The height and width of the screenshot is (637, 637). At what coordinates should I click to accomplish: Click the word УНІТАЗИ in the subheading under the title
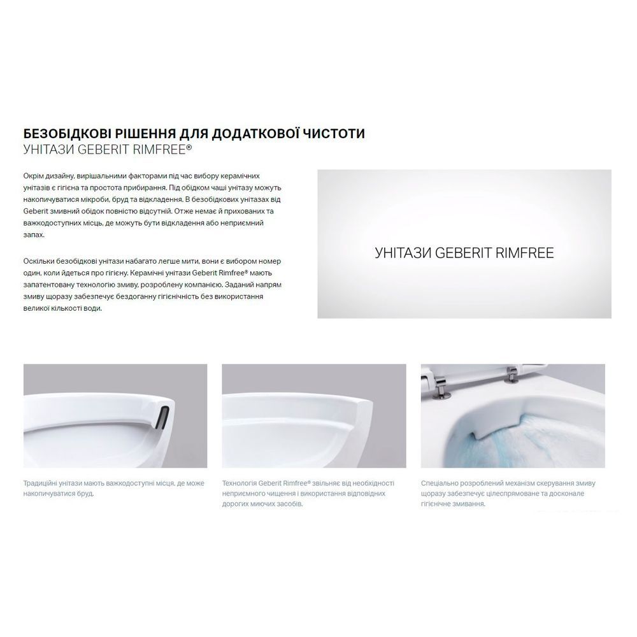pyautogui.click(x=49, y=150)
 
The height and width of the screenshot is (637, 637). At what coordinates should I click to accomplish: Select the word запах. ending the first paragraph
pyautogui.click(x=34, y=235)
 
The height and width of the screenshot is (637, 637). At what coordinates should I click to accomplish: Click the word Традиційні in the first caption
pyautogui.click(x=39, y=483)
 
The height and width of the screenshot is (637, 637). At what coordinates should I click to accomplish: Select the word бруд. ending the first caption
pyautogui.click(x=85, y=494)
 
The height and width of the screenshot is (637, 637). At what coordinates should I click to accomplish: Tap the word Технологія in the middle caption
pyautogui.click(x=240, y=483)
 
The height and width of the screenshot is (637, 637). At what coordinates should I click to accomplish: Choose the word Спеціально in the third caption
pyautogui.click(x=438, y=483)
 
